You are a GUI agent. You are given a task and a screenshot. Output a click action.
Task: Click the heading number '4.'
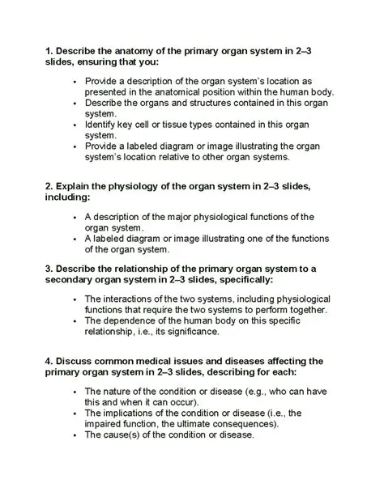pos(49,360)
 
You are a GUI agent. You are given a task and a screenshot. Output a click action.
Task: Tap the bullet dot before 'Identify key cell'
pos(74,125)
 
